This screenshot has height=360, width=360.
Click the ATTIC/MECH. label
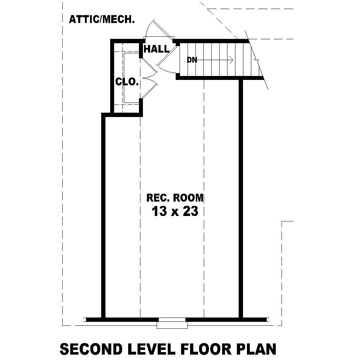click(102, 19)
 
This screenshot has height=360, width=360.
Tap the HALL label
click(156, 49)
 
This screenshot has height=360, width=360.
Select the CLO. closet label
click(127, 82)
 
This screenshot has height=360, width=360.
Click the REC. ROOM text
click(175, 198)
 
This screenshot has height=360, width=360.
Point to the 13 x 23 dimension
click(175, 211)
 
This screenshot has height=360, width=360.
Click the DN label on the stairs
click(192, 60)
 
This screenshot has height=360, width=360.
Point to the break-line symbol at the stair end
click(256, 58)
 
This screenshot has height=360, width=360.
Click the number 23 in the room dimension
click(190, 211)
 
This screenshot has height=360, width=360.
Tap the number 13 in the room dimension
click(159, 211)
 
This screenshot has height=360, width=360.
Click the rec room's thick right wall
click(240, 198)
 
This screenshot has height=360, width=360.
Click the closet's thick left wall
click(112, 77)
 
